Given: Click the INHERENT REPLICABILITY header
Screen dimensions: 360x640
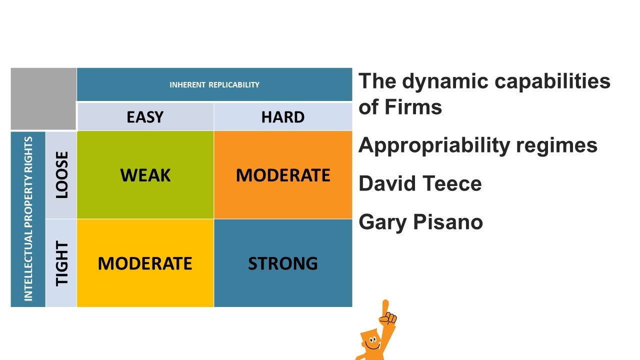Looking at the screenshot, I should click(214, 84).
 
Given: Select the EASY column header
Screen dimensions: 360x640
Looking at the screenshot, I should click(145, 117).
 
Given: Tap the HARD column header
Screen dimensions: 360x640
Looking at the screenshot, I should click(282, 117).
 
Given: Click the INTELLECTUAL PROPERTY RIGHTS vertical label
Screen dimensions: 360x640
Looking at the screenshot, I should click(28, 219).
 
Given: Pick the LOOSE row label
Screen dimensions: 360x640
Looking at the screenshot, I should click(61, 175).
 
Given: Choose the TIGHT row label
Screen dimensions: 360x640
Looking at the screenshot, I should click(61, 263).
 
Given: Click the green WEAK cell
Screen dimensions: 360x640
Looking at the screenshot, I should click(145, 175).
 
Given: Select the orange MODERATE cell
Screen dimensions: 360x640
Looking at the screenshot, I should click(283, 175).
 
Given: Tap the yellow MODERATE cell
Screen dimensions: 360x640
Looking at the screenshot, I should click(145, 263).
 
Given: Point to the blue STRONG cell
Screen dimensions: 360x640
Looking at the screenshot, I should click(283, 263).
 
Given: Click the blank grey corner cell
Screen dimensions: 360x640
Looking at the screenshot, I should click(43, 98).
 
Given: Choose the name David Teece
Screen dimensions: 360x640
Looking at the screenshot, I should click(420, 183).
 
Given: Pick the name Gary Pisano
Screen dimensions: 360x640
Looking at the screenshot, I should click(420, 221).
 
